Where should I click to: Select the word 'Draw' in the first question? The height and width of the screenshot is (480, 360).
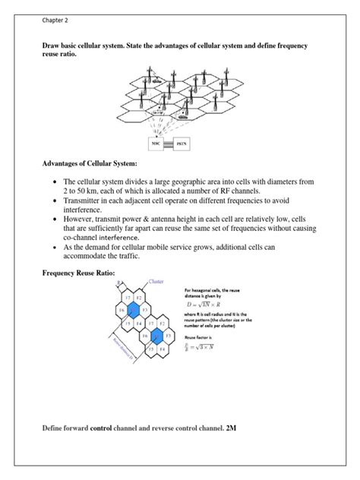(52, 46)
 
